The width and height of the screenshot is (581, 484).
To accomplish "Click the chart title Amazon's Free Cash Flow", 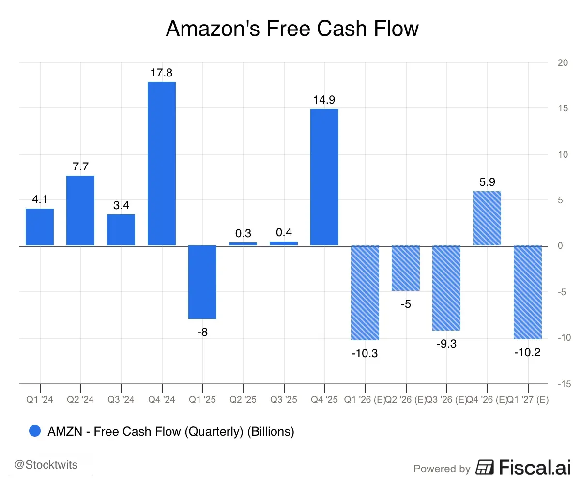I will (x=292, y=29).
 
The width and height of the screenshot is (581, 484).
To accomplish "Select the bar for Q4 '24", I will (x=162, y=164).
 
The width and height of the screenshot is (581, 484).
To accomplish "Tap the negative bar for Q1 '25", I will (x=202, y=282).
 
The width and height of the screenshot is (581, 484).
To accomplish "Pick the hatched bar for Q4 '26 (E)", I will (x=487, y=218).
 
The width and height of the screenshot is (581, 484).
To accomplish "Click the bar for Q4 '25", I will (x=324, y=177).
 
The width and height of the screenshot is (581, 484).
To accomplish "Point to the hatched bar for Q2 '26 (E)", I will (x=406, y=268).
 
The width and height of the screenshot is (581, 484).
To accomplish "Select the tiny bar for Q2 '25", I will (x=243, y=244).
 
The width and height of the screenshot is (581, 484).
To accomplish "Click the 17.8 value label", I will (x=162, y=73).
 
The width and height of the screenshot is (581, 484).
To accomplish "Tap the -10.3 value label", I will (x=365, y=353).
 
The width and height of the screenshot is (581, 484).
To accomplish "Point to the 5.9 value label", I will (x=487, y=182).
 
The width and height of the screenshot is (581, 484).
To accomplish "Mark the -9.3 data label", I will (x=446, y=344).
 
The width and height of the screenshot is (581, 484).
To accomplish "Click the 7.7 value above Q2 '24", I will (x=80, y=167).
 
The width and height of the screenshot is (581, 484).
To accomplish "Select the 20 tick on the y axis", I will (x=562, y=63).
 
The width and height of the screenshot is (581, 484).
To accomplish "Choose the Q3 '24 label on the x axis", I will (x=121, y=400).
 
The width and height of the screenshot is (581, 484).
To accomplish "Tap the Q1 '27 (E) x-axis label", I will (x=527, y=400).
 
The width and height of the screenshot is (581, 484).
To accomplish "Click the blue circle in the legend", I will (x=35, y=431).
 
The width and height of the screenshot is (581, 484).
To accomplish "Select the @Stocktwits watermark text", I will (x=46, y=465).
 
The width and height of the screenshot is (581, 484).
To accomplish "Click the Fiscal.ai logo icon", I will (x=485, y=468).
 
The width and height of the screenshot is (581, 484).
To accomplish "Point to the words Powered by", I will (x=442, y=469).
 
